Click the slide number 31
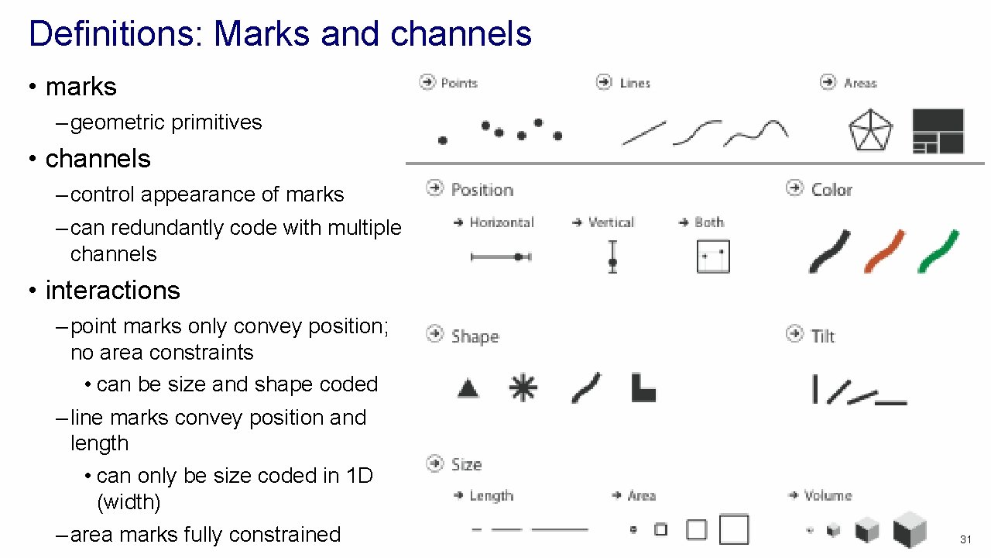(x=965, y=539)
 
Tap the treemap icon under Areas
(x=938, y=131)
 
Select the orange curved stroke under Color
(x=885, y=251)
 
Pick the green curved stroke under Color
(x=938, y=251)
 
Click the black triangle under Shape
(x=468, y=387)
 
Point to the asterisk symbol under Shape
(x=523, y=387)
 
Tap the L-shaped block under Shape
(x=643, y=387)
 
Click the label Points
(x=459, y=83)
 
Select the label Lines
(x=635, y=83)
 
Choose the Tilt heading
(x=823, y=336)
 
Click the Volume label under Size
(x=828, y=495)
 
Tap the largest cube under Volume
(x=910, y=531)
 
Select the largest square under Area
(x=734, y=530)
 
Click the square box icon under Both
(x=713, y=257)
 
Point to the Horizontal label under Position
(x=502, y=222)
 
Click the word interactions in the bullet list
(x=112, y=290)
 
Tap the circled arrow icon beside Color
(x=794, y=188)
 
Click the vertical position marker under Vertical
(x=612, y=257)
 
